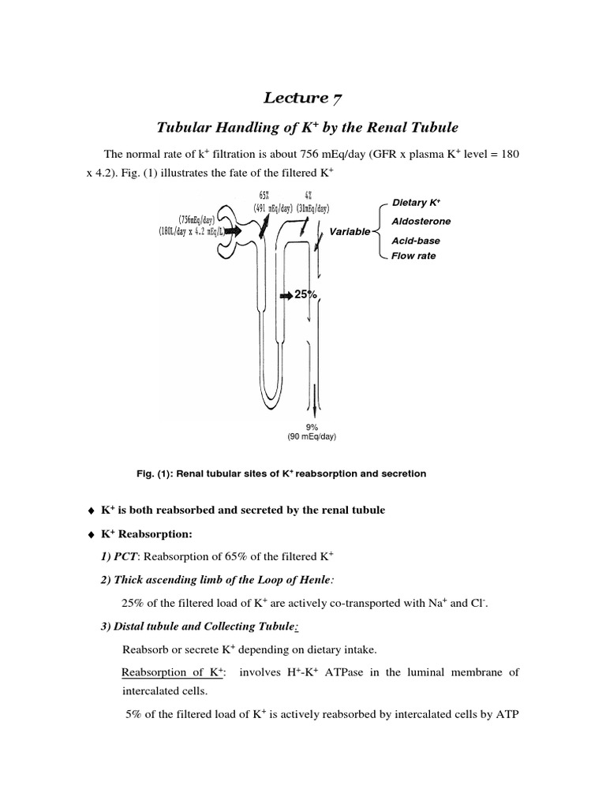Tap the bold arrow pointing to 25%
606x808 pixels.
[x=285, y=295]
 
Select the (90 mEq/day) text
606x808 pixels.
[x=317, y=436]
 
